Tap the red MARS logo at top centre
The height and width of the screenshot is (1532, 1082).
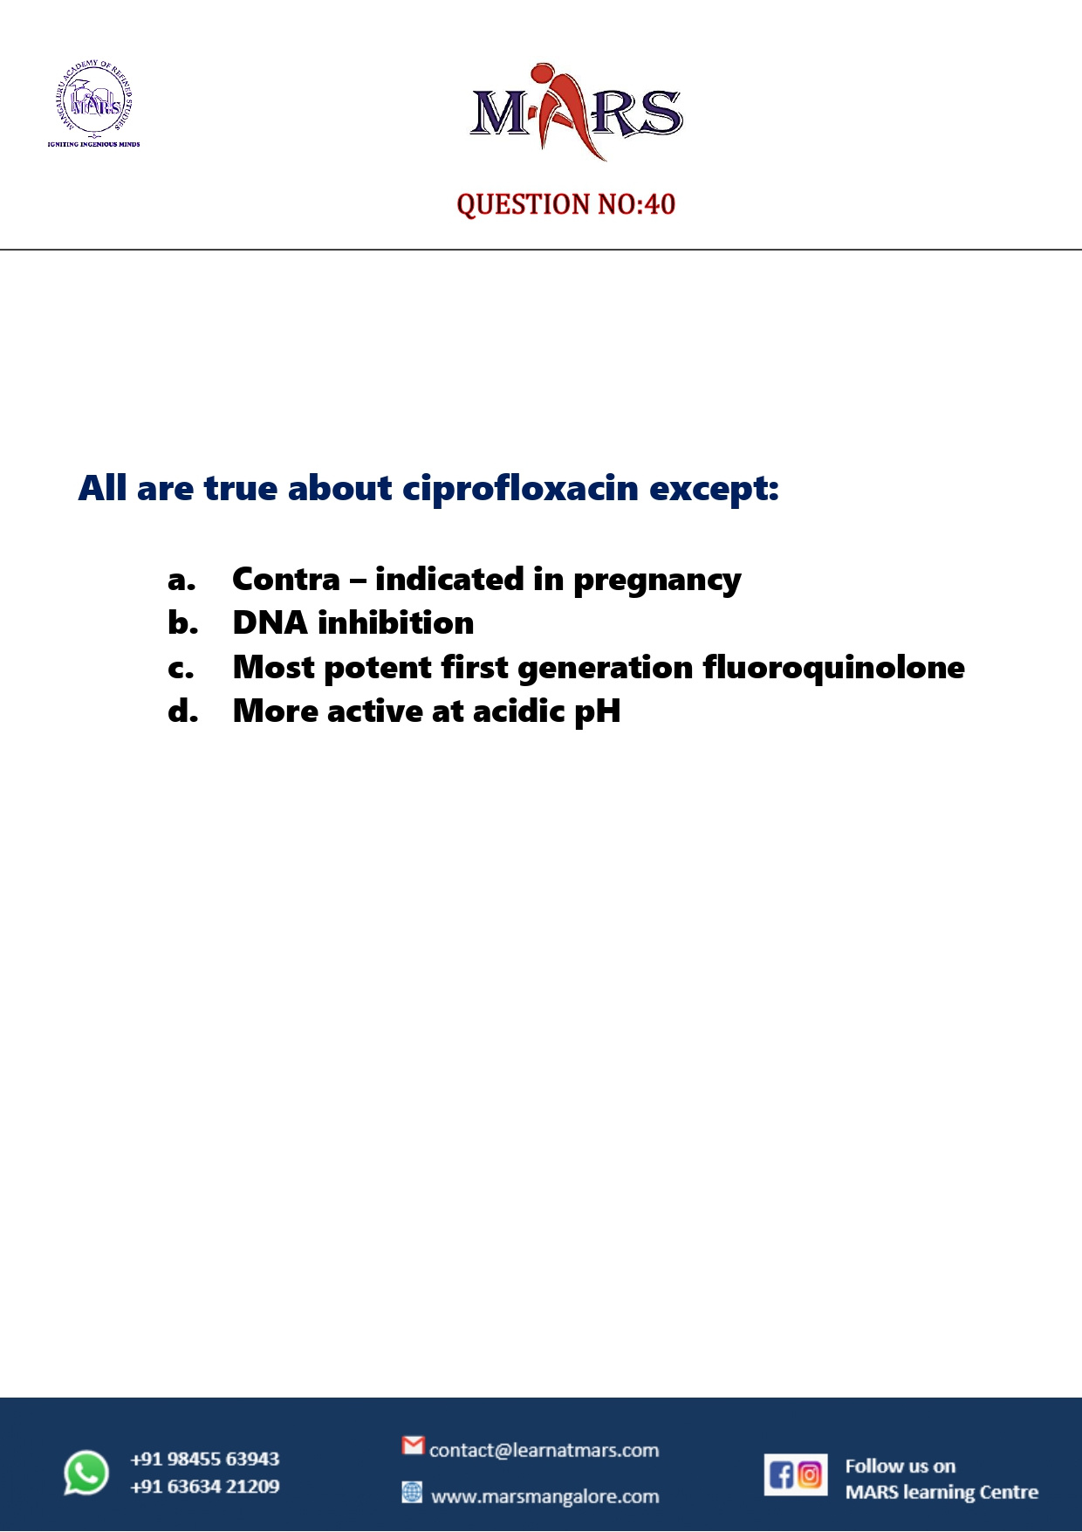576,112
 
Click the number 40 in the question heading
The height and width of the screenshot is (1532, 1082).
660,204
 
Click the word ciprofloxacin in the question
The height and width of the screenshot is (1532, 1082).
521,489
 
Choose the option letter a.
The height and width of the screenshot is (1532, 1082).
181,580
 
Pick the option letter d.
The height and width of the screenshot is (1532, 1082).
183,711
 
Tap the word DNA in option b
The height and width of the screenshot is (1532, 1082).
270,623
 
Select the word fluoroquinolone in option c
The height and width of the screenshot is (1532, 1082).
833,668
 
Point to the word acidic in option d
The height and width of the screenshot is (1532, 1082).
518,711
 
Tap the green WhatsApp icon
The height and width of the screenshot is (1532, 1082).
86,1473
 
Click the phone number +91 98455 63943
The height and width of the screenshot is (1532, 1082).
205,1459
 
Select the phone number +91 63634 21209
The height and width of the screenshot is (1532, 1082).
205,1487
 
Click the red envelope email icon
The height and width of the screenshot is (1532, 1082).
413,1446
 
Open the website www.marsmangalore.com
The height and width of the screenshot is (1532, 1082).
544,1496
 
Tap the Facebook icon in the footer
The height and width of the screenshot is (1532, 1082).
781,1475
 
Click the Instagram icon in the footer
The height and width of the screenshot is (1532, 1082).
810,1475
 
